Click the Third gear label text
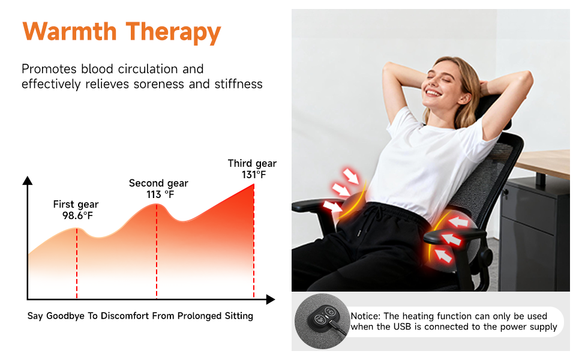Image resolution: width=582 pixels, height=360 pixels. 252,163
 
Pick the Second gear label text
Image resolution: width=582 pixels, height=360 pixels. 158,183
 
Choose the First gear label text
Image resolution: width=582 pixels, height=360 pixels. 76,205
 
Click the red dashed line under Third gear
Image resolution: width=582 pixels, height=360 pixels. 254,246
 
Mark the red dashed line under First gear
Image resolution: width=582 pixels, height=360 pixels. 77,264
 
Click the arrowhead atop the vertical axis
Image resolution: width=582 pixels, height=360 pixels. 28,180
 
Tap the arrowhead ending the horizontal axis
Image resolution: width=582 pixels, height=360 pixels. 271,299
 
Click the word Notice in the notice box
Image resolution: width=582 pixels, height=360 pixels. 365,316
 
